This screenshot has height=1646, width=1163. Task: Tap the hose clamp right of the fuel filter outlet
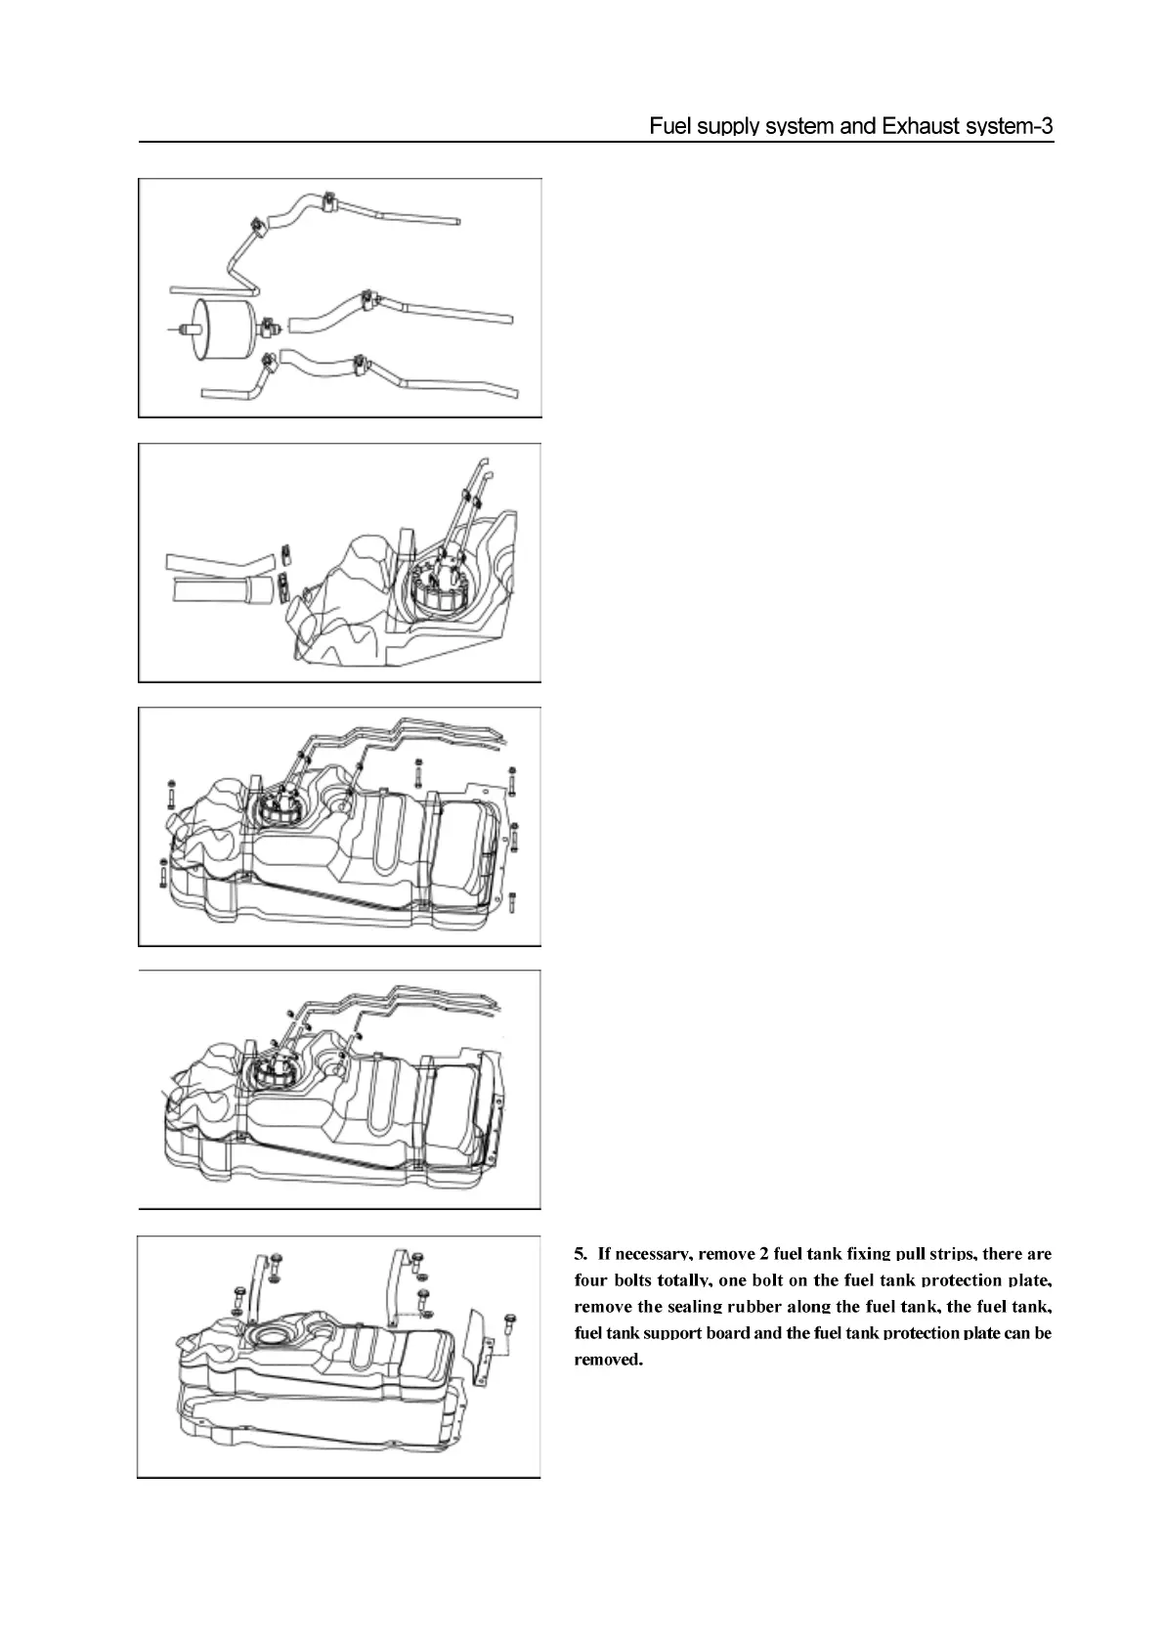click(271, 319)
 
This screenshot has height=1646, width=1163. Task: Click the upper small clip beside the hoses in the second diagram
click(285, 554)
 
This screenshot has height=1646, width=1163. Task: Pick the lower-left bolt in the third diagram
click(162, 872)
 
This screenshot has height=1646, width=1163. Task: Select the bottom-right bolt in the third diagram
click(513, 900)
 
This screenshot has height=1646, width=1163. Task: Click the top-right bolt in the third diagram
click(511, 780)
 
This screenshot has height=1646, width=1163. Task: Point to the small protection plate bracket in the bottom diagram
click(480, 1344)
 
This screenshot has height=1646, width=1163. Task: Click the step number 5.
click(580, 1253)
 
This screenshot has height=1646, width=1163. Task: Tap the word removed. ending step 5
click(608, 1360)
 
